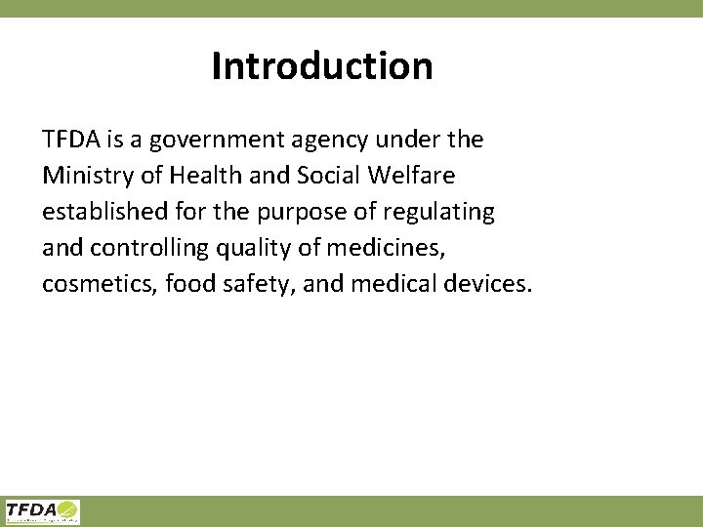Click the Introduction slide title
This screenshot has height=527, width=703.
click(x=322, y=66)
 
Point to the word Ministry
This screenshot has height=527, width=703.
click(x=90, y=176)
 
